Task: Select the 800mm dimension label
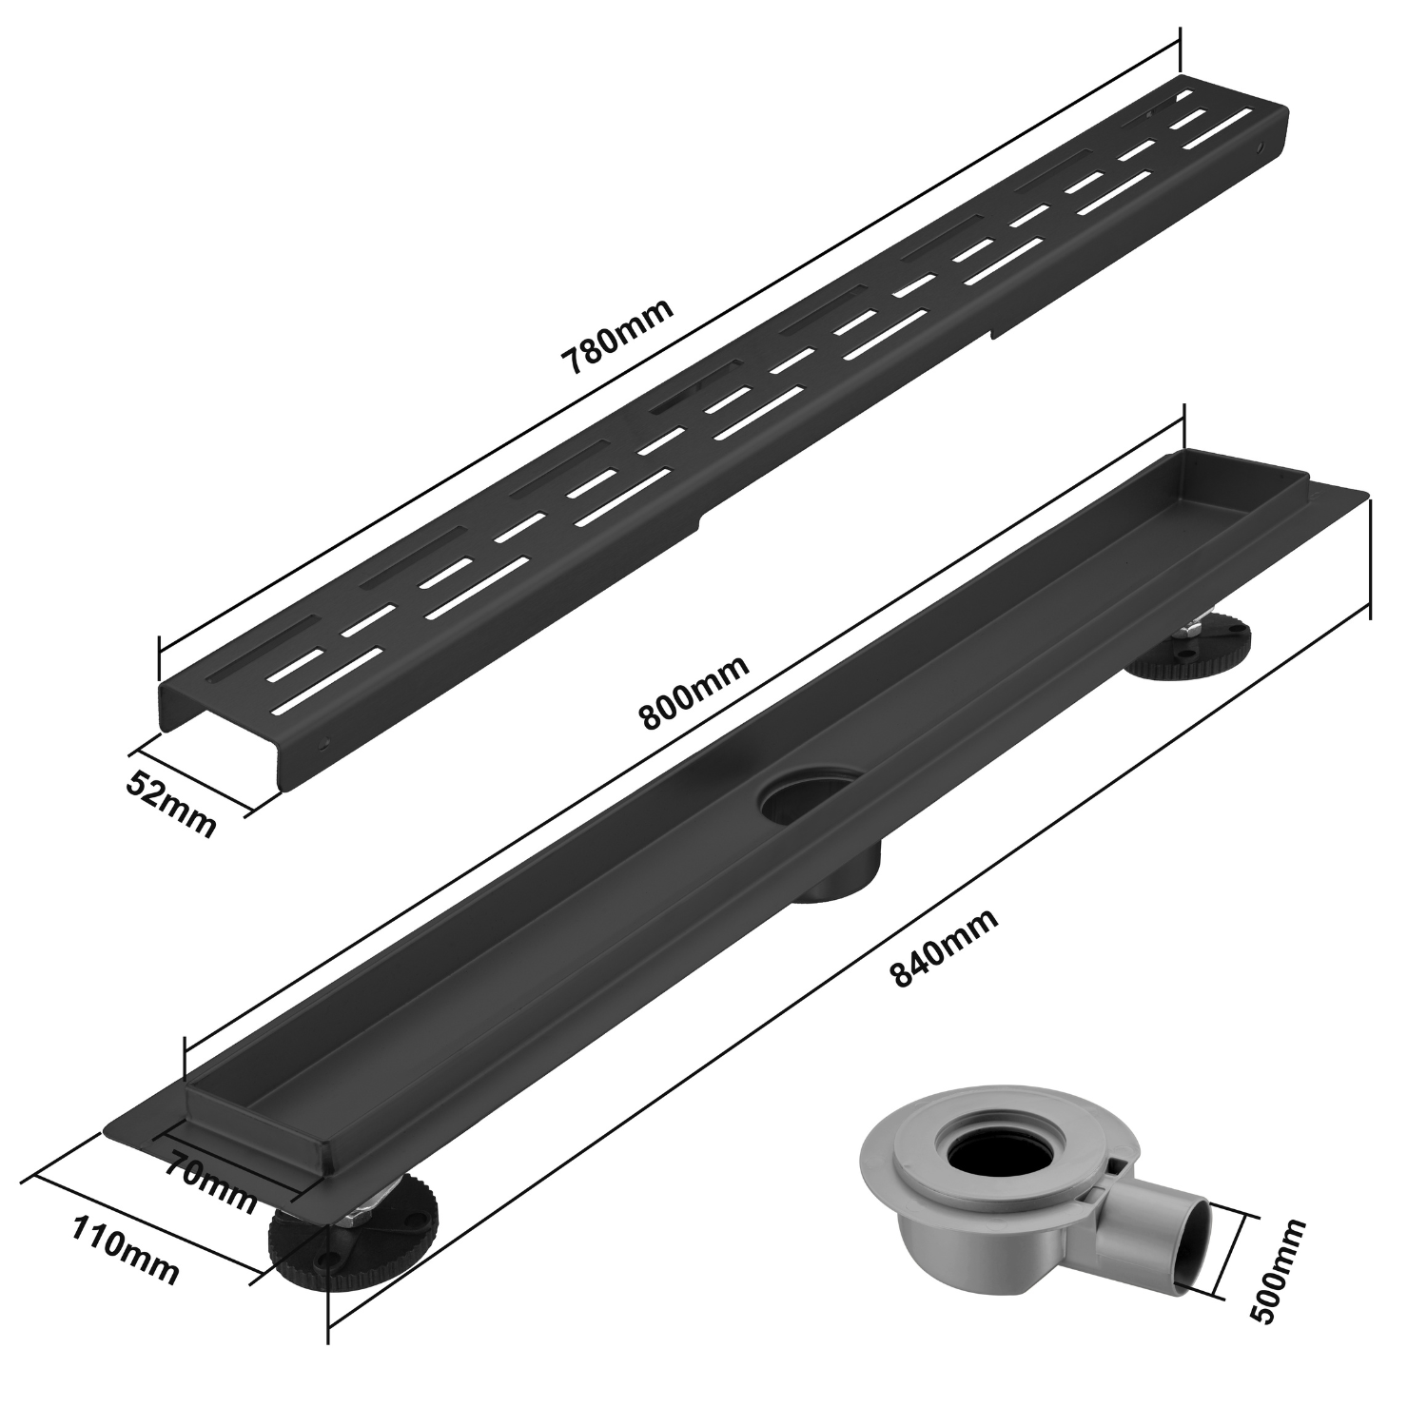pyautogui.click(x=694, y=693)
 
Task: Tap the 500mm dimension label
pyautogui.click(x=1278, y=1270)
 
